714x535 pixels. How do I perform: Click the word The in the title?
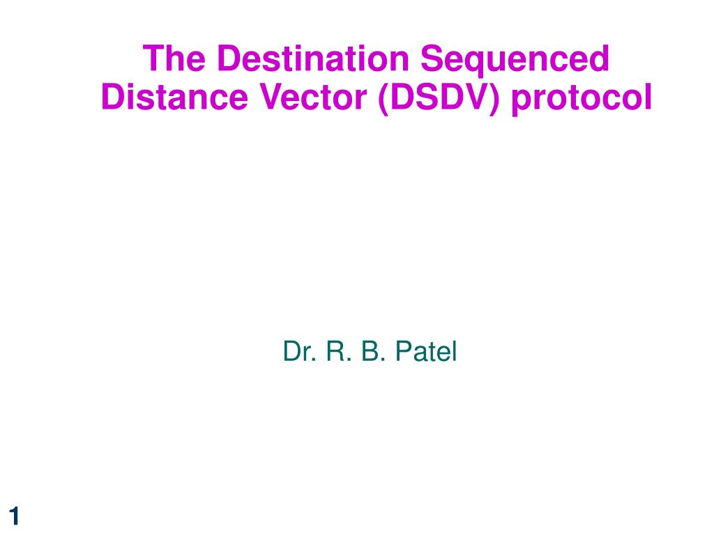pos(174,59)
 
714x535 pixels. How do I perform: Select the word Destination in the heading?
pos(313,59)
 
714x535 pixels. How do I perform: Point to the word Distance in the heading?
pos(175,97)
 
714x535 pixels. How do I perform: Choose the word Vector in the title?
pos(313,97)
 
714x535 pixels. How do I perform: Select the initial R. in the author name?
pos(339,351)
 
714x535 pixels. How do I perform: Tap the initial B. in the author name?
pos(374,351)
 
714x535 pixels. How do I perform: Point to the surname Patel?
pos(426,351)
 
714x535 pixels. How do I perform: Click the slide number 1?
pos(14,516)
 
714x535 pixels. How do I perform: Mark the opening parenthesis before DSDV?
pos(383,99)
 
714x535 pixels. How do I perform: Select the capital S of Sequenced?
pos(432,59)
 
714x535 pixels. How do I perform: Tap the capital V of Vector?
pos(272,97)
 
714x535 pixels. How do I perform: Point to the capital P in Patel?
pos(404,351)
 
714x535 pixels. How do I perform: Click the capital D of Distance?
pos(114,97)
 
